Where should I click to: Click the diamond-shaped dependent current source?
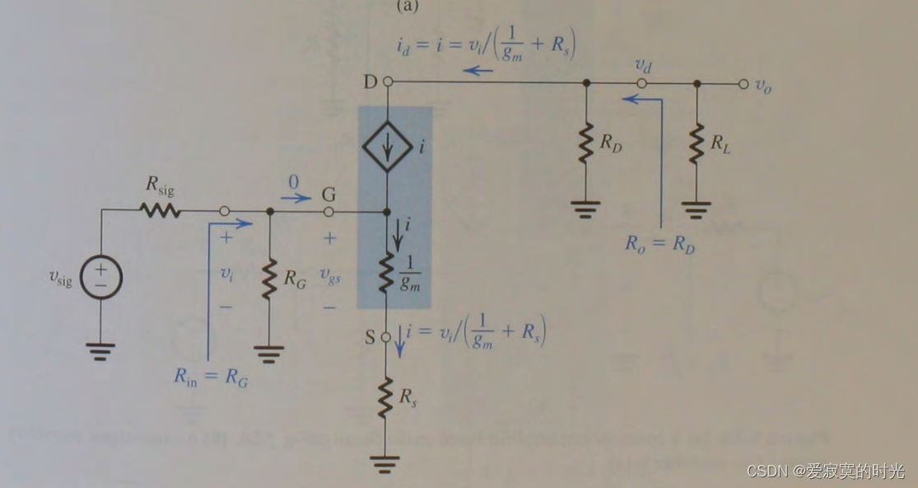pos(388,146)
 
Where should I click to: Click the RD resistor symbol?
pos(585,144)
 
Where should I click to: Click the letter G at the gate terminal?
pos(329,195)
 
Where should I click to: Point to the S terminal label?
pos(370,336)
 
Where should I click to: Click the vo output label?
pos(763,85)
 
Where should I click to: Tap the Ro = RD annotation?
pos(659,243)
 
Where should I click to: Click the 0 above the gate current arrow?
pos(292,181)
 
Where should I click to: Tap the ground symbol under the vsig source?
pos(101,351)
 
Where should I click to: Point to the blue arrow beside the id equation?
pos(478,71)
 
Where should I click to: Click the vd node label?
pos(642,64)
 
